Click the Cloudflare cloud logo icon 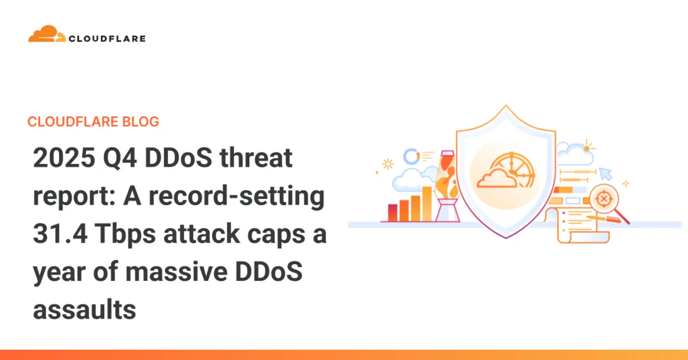pos(47,34)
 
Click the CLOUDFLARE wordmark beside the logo pos(107,38)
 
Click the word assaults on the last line pos(84,310)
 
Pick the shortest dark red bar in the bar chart pos(393,213)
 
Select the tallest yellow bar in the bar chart pos(427,203)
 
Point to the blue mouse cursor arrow pos(605,173)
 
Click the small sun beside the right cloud pos(586,146)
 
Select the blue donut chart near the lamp pos(411,156)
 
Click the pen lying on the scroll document pos(604,218)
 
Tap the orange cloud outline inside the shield pos(496,180)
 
